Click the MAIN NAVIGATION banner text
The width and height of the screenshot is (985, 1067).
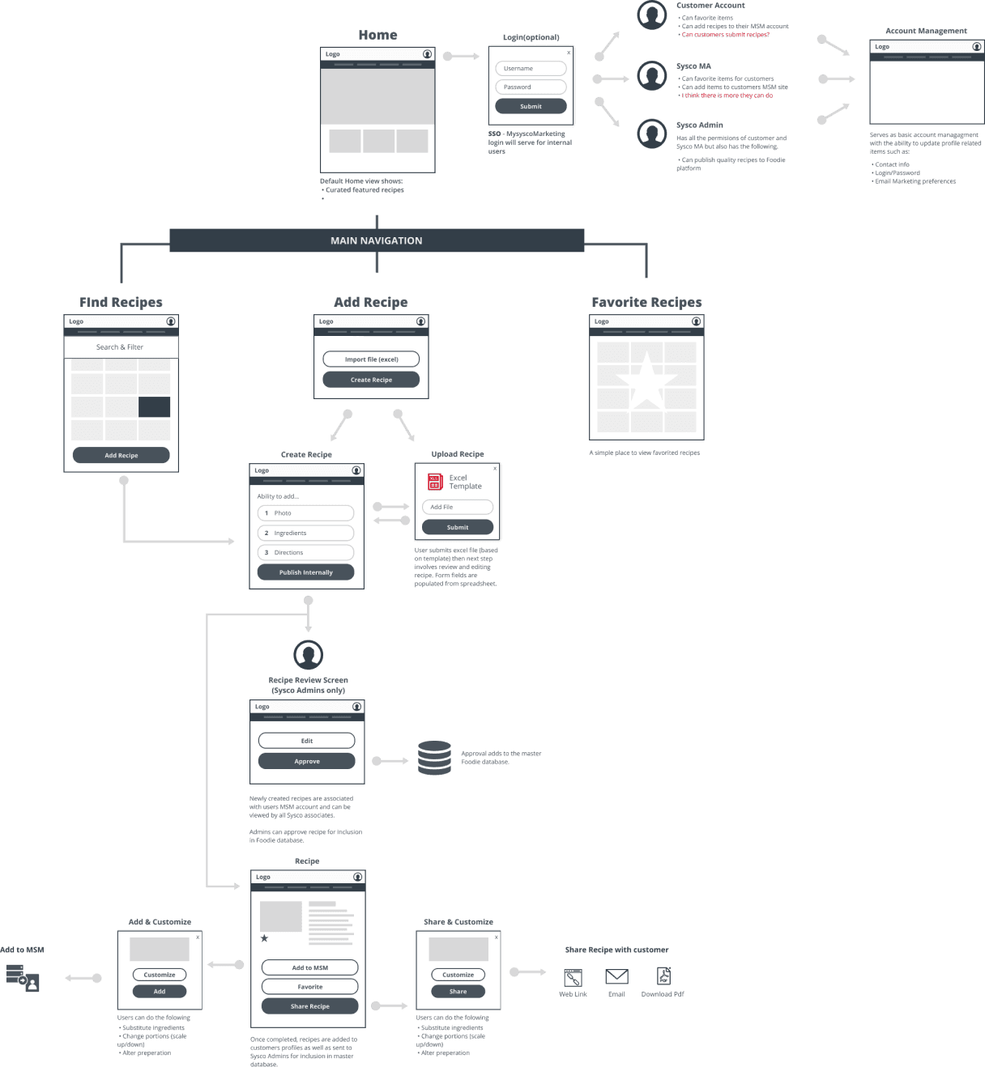click(376, 240)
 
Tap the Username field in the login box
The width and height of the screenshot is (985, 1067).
click(531, 69)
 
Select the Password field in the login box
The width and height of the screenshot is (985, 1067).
click(531, 87)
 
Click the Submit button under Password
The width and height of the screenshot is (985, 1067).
click(531, 106)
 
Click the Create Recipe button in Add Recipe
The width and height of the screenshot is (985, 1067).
click(371, 380)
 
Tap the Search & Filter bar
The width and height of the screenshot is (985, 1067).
click(121, 347)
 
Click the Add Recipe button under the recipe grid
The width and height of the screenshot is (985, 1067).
click(121, 455)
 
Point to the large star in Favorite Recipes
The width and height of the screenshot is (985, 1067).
click(646, 380)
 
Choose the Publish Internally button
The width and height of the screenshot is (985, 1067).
click(305, 572)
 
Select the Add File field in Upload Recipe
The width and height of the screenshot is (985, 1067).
click(458, 507)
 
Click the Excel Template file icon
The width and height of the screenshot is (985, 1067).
click(435, 482)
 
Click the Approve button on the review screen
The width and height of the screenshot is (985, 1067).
click(306, 761)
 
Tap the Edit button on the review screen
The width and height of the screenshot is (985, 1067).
click(306, 741)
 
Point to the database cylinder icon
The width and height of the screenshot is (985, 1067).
click(434, 758)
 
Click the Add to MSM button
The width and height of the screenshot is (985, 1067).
click(309, 967)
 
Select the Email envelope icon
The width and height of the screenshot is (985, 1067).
click(616, 977)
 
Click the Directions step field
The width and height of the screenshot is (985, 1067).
click(305, 552)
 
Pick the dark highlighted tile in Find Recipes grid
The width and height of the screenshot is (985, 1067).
click(154, 406)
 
